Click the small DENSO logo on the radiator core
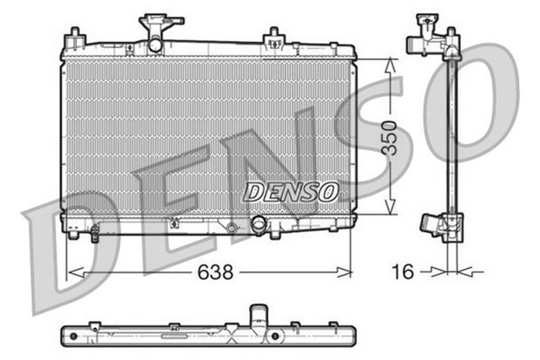point(290,192)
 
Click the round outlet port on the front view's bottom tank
point(259,225)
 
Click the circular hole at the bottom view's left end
point(73,335)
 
